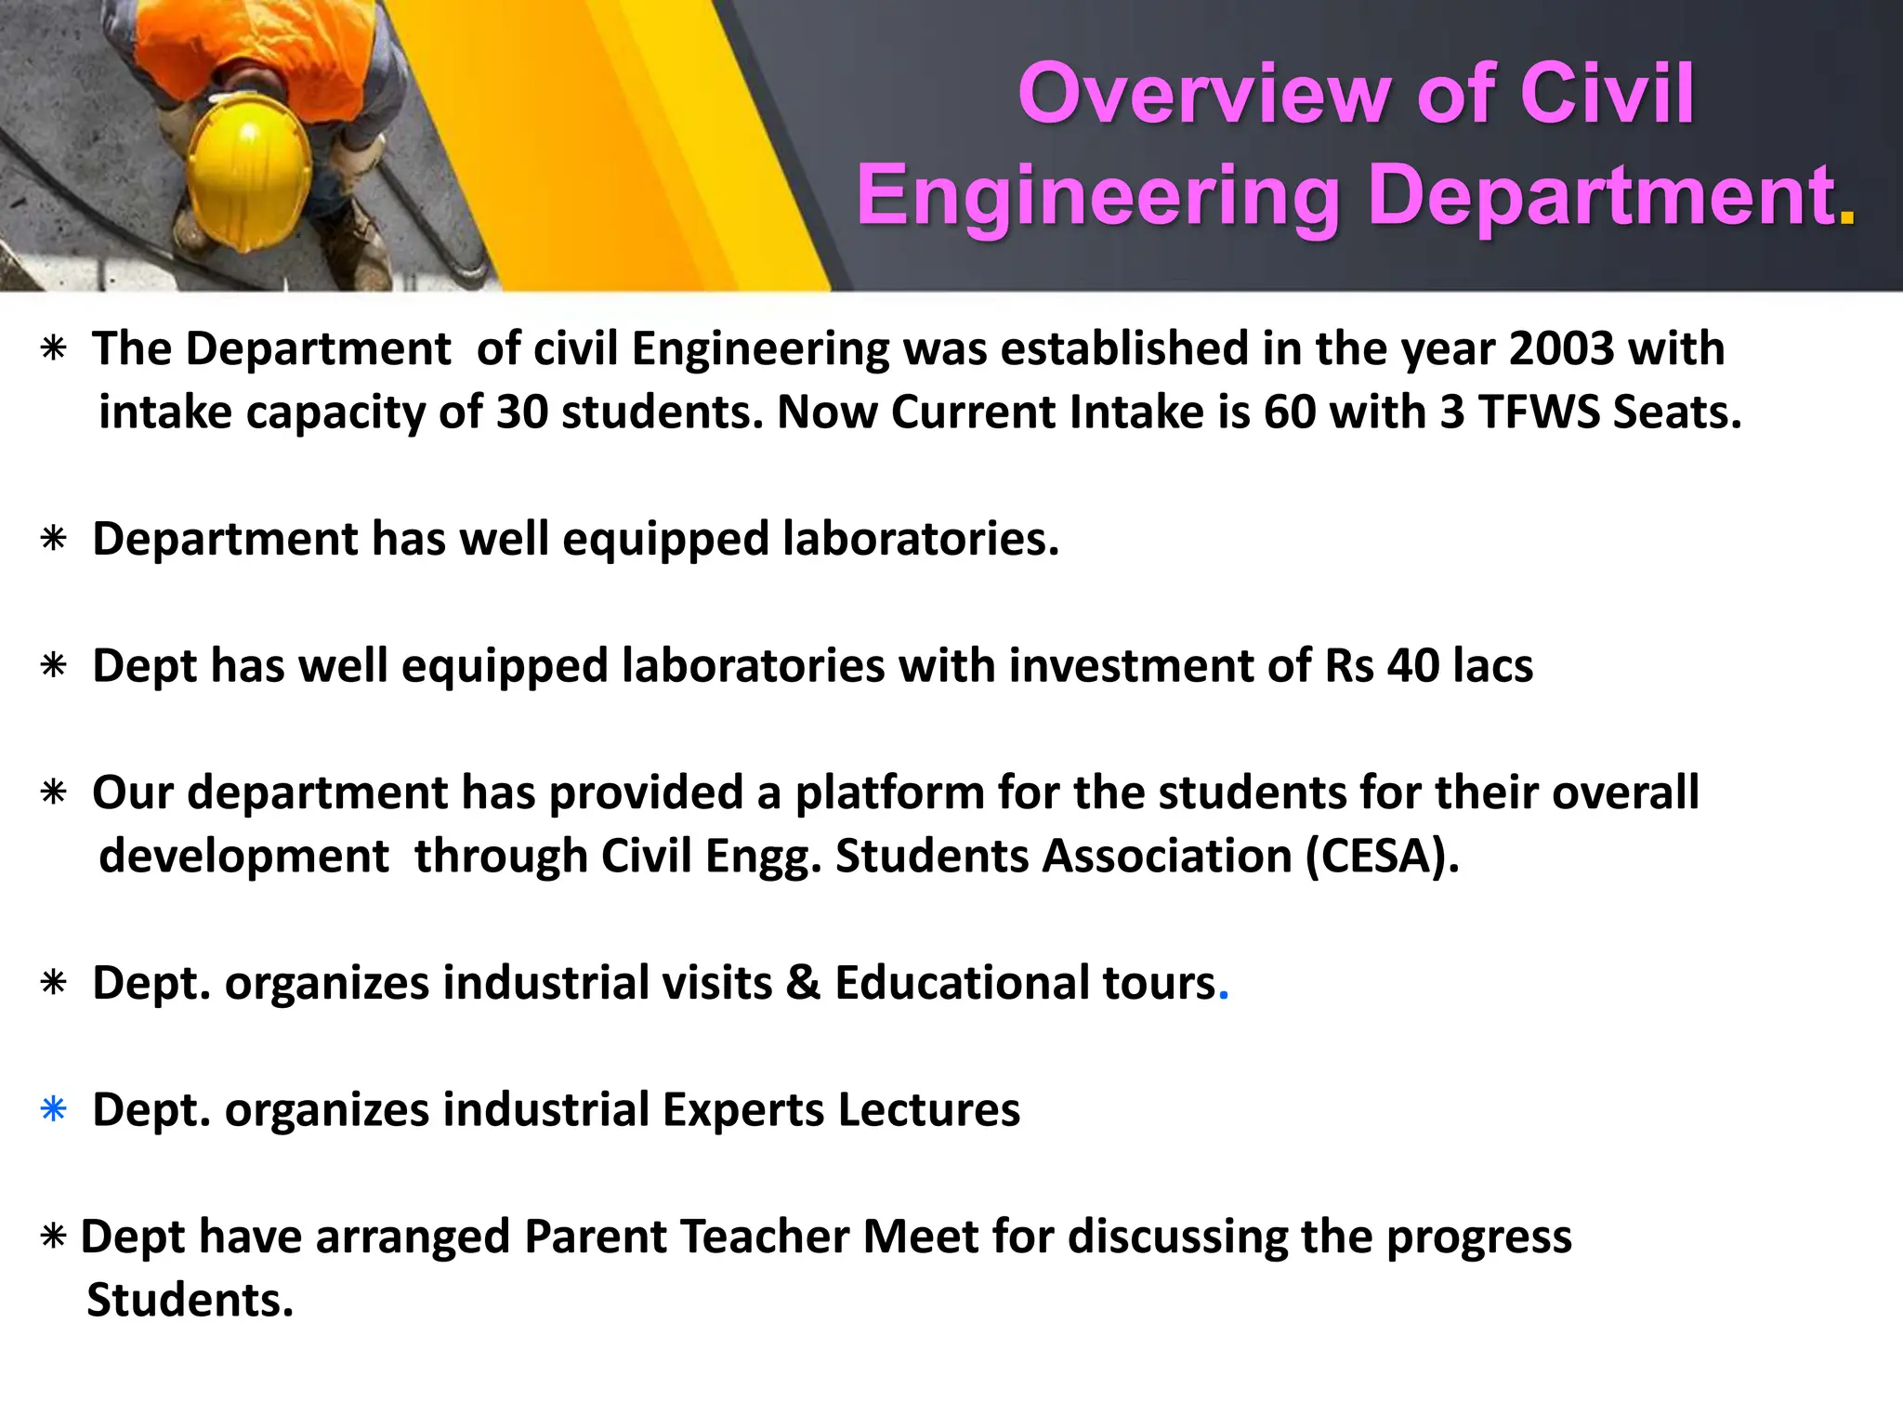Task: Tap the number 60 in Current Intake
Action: click(x=1290, y=412)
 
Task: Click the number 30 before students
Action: click(x=522, y=412)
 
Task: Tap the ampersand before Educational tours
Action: click(x=803, y=983)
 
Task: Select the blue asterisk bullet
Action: click(x=54, y=1110)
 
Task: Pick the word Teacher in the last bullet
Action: click(x=764, y=1237)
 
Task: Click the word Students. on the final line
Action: click(x=190, y=1301)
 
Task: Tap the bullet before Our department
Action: click(x=54, y=793)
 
